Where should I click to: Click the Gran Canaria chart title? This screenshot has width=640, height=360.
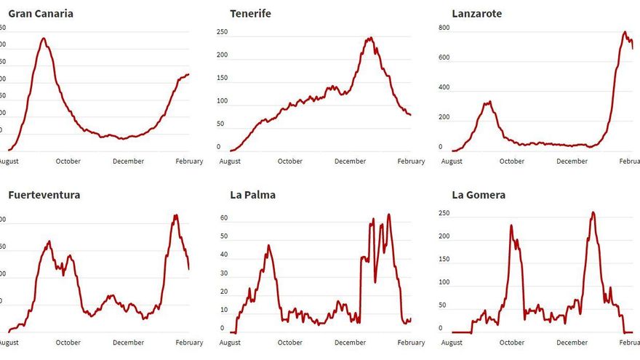point(40,14)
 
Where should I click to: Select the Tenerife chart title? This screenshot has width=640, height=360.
point(250,14)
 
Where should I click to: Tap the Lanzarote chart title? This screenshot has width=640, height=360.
point(476,14)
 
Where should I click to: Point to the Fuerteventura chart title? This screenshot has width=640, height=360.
point(44,195)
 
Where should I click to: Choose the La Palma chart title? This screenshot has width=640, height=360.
point(252,195)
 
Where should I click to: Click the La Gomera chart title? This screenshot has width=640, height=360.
point(478,195)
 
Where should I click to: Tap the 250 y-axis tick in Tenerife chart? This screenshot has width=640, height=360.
point(222,32)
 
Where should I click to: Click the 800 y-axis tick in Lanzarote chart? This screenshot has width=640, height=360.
point(444,28)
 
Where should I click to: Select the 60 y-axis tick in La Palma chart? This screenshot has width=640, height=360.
point(225,217)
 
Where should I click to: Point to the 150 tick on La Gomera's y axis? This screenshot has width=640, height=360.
point(444,260)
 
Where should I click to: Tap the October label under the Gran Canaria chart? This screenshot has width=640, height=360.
point(68,161)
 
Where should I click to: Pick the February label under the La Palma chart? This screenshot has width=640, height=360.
point(411,343)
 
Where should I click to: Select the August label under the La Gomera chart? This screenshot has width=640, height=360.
point(452,343)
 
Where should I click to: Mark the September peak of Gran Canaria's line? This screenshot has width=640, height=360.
point(44,39)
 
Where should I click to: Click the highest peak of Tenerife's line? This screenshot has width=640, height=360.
point(371,38)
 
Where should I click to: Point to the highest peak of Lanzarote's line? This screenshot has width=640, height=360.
point(624,32)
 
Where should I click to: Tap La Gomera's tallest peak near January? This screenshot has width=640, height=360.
point(593,212)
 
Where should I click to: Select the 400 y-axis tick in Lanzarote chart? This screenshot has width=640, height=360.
point(444,87)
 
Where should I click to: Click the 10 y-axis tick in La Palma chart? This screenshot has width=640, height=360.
point(225,310)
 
